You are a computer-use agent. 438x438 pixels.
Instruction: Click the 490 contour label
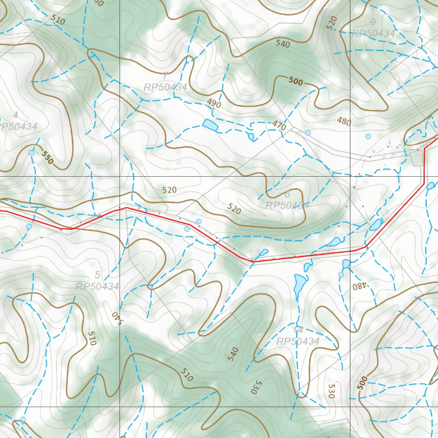(x=214, y=104)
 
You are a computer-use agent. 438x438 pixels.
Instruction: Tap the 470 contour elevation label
(x=278, y=125)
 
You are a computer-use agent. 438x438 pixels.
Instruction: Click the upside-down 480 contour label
(x=358, y=285)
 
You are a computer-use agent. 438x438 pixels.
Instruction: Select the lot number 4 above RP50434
(x=15, y=115)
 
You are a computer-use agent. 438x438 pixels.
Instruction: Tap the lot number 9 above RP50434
(x=373, y=22)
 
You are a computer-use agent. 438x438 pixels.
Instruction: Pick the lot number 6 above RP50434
(x=287, y=195)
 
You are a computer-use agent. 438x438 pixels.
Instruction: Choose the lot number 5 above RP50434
(x=97, y=275)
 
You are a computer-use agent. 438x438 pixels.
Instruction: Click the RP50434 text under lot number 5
(x=97, y=286)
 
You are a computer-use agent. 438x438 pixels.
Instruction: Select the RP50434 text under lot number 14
(x=298, y=341)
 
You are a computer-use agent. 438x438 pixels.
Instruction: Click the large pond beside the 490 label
(x=210, y=125)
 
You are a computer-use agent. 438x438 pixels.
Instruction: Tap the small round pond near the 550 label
(x=31, y=153)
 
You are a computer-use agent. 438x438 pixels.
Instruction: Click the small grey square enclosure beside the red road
(x=415, y=158)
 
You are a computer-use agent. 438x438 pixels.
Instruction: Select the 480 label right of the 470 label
(x=343, y=122)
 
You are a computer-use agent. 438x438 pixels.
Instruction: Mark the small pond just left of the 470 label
(x=251, y=136)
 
